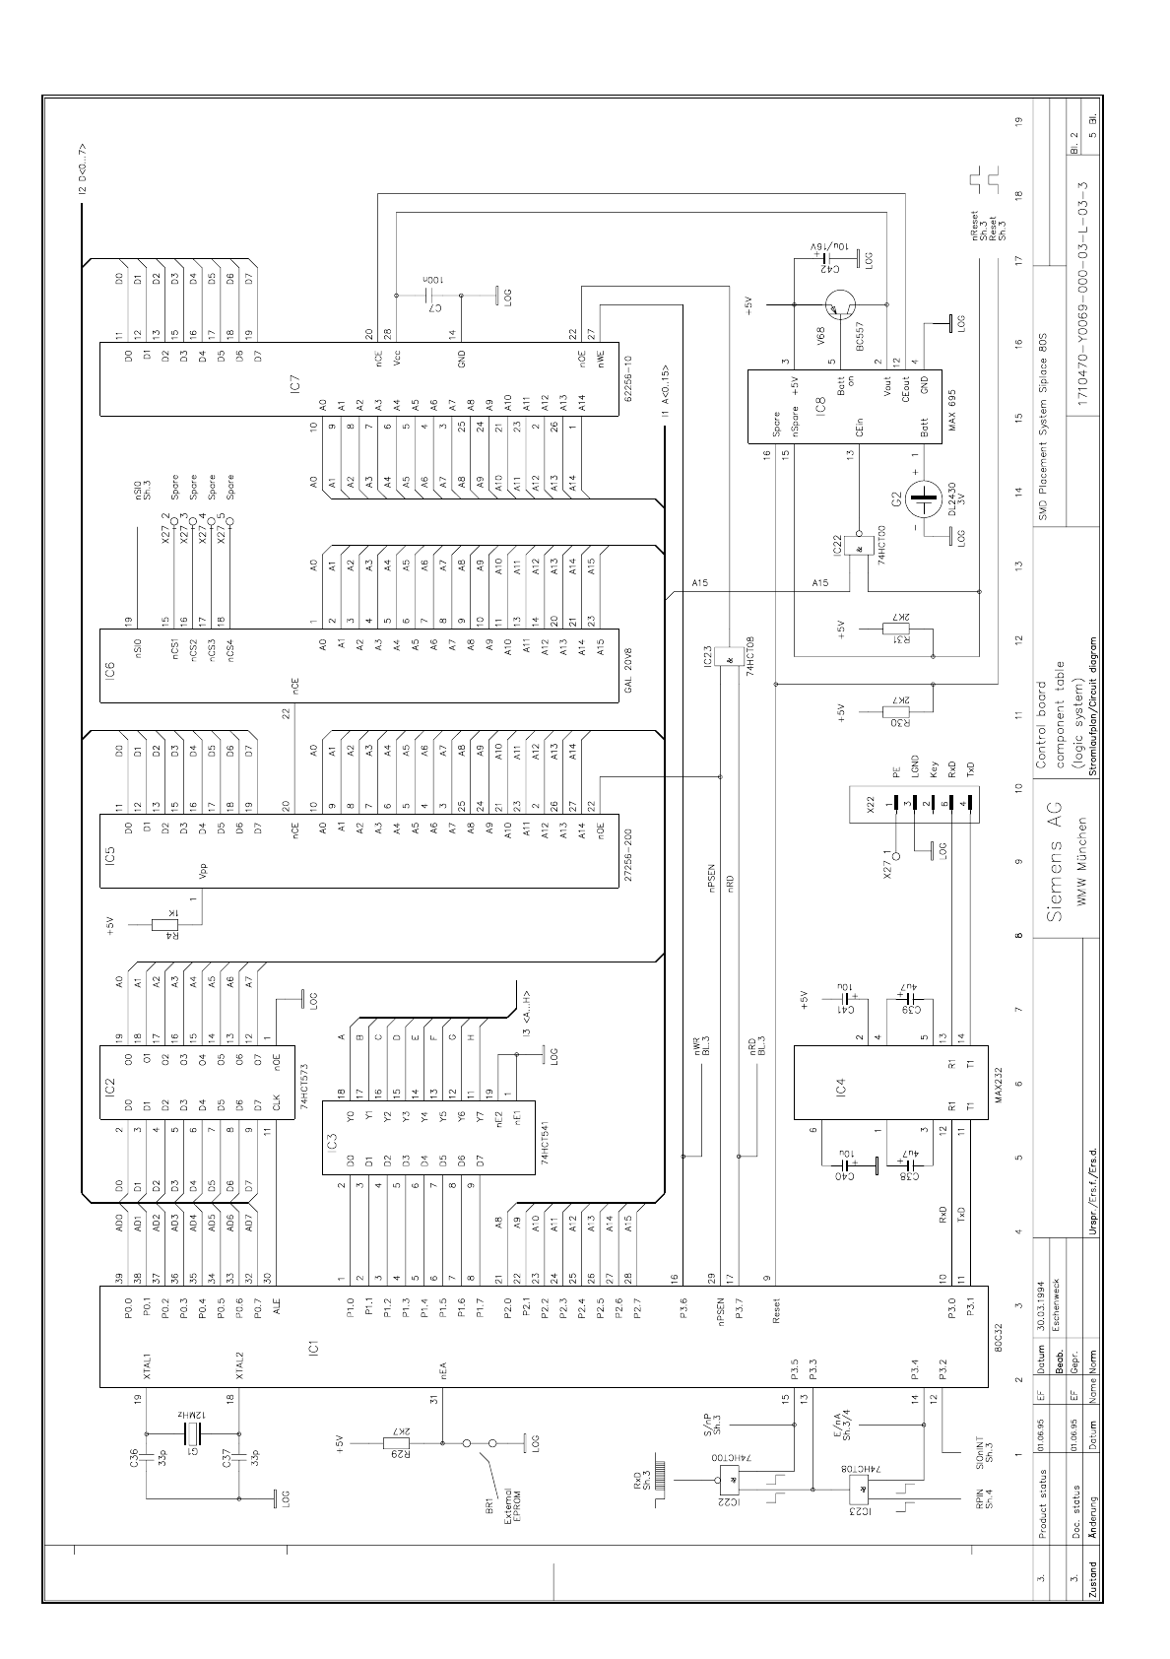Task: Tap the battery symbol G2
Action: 925,501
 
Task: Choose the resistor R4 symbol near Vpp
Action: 163,924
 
